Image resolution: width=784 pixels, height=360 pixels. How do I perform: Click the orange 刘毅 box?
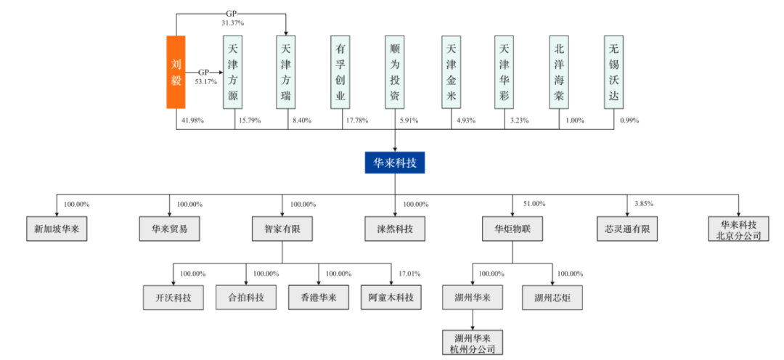pyautogui.click(x=176, y=72)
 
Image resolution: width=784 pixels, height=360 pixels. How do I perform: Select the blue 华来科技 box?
pyautogui.click(x=395, y=163)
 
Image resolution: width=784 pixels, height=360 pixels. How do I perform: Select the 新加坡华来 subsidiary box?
pyautogui.click(x=57, y=229)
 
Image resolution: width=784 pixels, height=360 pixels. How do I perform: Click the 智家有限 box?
pyautogui.click(x=282, y=229)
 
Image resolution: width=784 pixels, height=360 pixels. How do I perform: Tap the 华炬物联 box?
pyautogui.click(x=512, y=229)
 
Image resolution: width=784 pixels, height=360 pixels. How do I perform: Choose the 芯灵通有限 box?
pyautogui.click(x=626, y=229)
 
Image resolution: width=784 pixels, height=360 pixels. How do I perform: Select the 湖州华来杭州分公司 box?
pyautogui.click(x=473, y=342)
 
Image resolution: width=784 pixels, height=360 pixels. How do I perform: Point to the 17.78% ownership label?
pyautogui.click(x=357, y=120)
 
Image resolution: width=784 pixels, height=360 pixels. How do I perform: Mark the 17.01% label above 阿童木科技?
pyautogui.click(x=411, y=274)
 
